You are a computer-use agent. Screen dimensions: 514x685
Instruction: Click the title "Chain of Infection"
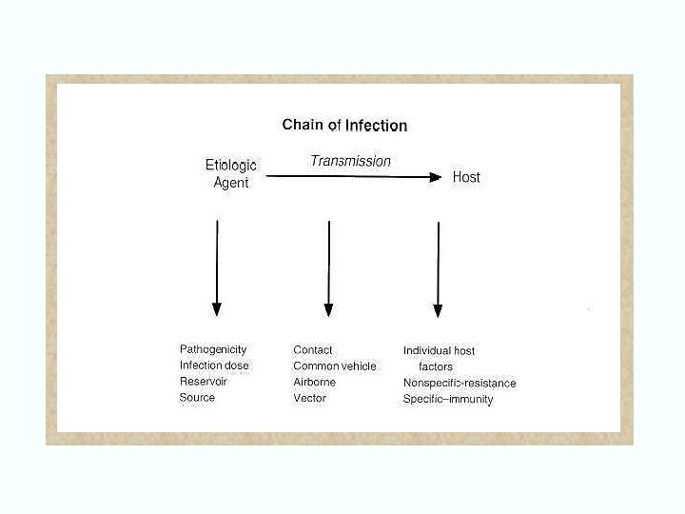(x=344, y=125)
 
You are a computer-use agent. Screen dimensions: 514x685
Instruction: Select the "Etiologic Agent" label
(x=231, y=174)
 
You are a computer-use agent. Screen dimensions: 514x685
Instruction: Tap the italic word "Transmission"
(x=350, y=161)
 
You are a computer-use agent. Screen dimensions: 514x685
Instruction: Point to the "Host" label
(x=466, y=177)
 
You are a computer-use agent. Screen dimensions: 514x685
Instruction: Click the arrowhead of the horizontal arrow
(x=437, y=177)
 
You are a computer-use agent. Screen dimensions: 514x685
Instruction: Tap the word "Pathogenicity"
(x=213, y=349)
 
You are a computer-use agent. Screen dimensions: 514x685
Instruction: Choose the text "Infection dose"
(x=214, y=366)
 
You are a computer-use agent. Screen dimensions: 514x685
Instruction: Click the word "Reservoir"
(x=204, y=382)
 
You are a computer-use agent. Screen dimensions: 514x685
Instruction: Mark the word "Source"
(x=197, y=398)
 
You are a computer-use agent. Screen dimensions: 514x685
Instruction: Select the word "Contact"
(x=313, y=350)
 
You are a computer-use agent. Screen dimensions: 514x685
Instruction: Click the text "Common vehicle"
(x=335, y=366)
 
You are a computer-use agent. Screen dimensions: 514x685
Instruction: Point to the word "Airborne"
(x=315, y=382)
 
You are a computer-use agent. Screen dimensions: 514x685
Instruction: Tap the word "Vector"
(x=309, y=398)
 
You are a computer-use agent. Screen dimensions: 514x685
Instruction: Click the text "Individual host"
(x=439, y=351)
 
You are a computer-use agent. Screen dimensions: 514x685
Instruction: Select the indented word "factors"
(x=436, y=366)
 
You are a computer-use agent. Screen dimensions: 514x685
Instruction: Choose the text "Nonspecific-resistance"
(x=460, y=384)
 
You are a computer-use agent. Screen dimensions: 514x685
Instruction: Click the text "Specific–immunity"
(x=448, y=400)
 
